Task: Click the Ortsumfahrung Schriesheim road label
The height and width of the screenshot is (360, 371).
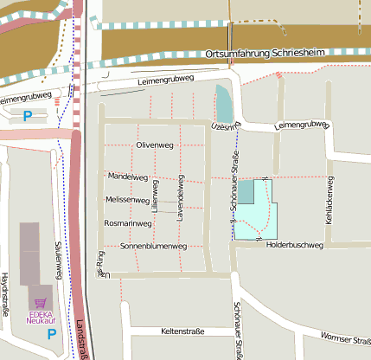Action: click(266, 55)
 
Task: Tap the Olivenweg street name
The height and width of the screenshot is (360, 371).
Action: click(156, 145)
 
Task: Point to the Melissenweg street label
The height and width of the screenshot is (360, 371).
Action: click(127, 199)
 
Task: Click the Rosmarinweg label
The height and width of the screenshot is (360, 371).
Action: click(128, 222)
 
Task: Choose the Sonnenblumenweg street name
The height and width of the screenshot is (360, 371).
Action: click(153, 247)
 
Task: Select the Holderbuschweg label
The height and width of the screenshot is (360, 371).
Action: click(294, 246)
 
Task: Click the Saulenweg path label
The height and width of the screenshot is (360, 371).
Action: click(58, 259)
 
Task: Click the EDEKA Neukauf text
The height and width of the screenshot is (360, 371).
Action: click(41, 317)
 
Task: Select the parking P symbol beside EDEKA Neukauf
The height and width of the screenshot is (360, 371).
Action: click(51, 333)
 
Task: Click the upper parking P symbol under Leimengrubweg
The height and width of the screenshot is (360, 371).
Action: click(28, 115)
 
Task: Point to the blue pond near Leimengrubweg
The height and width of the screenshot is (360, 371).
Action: click(224, 105)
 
